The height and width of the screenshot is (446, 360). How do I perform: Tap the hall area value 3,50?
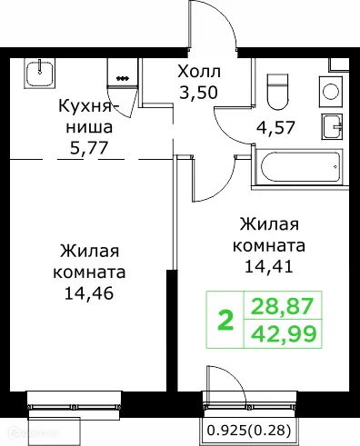198,92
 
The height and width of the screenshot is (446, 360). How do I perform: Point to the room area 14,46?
89,292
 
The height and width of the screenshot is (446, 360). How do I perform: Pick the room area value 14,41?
270,267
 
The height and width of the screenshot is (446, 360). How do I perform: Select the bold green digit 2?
225,321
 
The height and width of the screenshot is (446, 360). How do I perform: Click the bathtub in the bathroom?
299,166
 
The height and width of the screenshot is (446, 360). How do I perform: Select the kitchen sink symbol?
39,70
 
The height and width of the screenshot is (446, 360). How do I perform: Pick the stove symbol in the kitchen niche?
121,72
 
